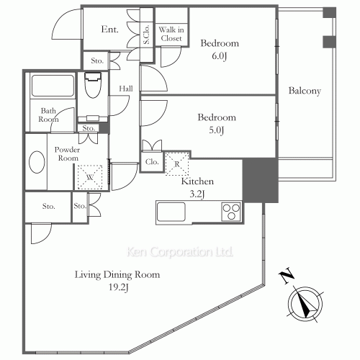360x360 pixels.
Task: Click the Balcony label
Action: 305,91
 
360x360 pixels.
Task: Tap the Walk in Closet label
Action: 171,34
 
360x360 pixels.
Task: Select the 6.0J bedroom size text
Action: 219,56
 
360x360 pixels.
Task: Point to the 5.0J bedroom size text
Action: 217,130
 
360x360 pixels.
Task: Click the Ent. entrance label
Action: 109,30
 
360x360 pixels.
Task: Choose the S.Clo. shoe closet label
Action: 146,34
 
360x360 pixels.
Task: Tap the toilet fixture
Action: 93,85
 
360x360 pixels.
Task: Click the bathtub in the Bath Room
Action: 53,86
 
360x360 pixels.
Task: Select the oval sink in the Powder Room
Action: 37,162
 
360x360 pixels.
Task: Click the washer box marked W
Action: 90,177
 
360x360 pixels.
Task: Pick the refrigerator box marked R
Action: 177,163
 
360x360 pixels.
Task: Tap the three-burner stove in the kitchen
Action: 231,212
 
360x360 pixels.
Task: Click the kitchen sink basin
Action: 171,212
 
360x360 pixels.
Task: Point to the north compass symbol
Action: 305,304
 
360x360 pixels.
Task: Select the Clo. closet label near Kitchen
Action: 152,162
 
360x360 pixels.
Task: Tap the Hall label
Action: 126,89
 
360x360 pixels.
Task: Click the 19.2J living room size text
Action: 119,287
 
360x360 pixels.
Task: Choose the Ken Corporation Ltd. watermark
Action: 179,252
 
